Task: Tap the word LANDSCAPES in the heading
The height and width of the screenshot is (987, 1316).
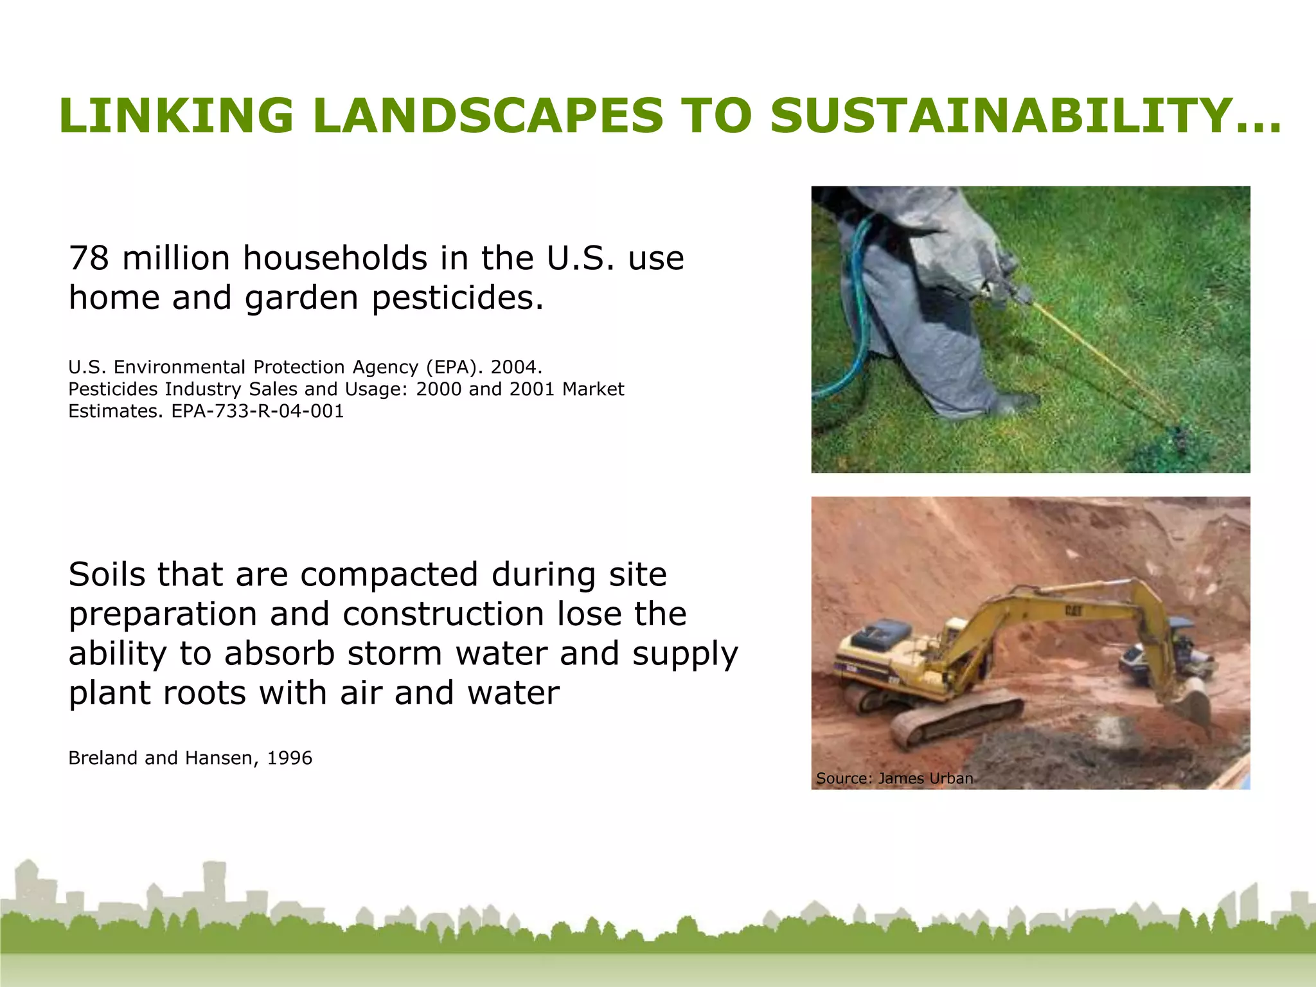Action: [x=488, y=116]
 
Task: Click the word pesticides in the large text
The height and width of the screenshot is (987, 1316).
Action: [x=458, y=298]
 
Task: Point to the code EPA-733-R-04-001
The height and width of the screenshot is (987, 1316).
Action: [x=257, y=411]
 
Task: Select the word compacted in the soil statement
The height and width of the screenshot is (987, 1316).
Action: [x=389, y=574]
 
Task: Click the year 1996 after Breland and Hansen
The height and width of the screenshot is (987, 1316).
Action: [x=289, y=758]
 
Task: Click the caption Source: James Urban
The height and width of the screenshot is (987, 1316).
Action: [x=894, y=778]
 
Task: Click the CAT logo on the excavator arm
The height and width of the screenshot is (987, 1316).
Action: [x=1073, y=610]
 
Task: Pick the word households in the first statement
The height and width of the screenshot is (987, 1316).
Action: [x=334, y=258]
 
